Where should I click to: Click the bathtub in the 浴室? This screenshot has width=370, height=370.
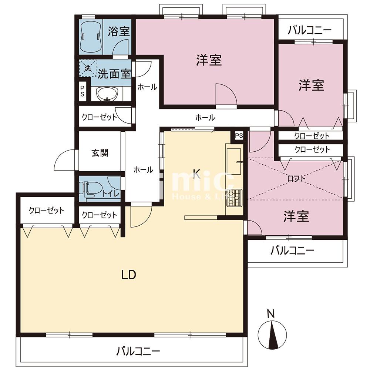tap(91, 37)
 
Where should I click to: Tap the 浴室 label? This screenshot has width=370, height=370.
tap(119, 31)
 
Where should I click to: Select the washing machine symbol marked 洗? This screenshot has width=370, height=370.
tap(88, 68)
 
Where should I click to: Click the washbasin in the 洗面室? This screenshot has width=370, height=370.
tap(107, 94)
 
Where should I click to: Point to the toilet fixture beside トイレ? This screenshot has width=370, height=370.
tap(91, 189)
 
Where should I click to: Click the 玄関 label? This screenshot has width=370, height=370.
tap(100, 153)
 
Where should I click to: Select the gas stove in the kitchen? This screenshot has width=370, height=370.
tap(234, 198)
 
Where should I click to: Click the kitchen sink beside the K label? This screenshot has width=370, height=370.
tap(234, 161)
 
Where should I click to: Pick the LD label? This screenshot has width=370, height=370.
tap(129, 275)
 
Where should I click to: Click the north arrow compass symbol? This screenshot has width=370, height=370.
tap(272, 335)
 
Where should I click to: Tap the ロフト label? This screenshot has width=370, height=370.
tap(296, 179)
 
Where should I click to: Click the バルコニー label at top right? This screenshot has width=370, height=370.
tap(310, 30)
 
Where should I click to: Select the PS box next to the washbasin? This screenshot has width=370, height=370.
tap(83, 91)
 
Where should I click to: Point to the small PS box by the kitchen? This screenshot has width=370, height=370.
tap(239, 136)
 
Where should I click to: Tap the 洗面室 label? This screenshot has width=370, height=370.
tap(114, 74)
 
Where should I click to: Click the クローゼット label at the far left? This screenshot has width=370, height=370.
tap(47, 210)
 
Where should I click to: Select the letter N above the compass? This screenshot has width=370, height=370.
tap(271, 314)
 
